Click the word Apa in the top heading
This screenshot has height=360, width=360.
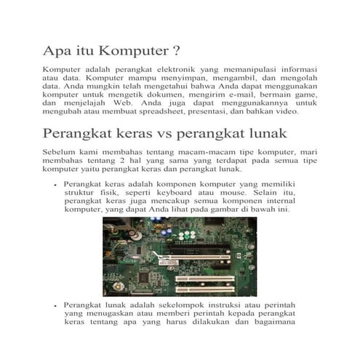(x=59, y=52)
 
